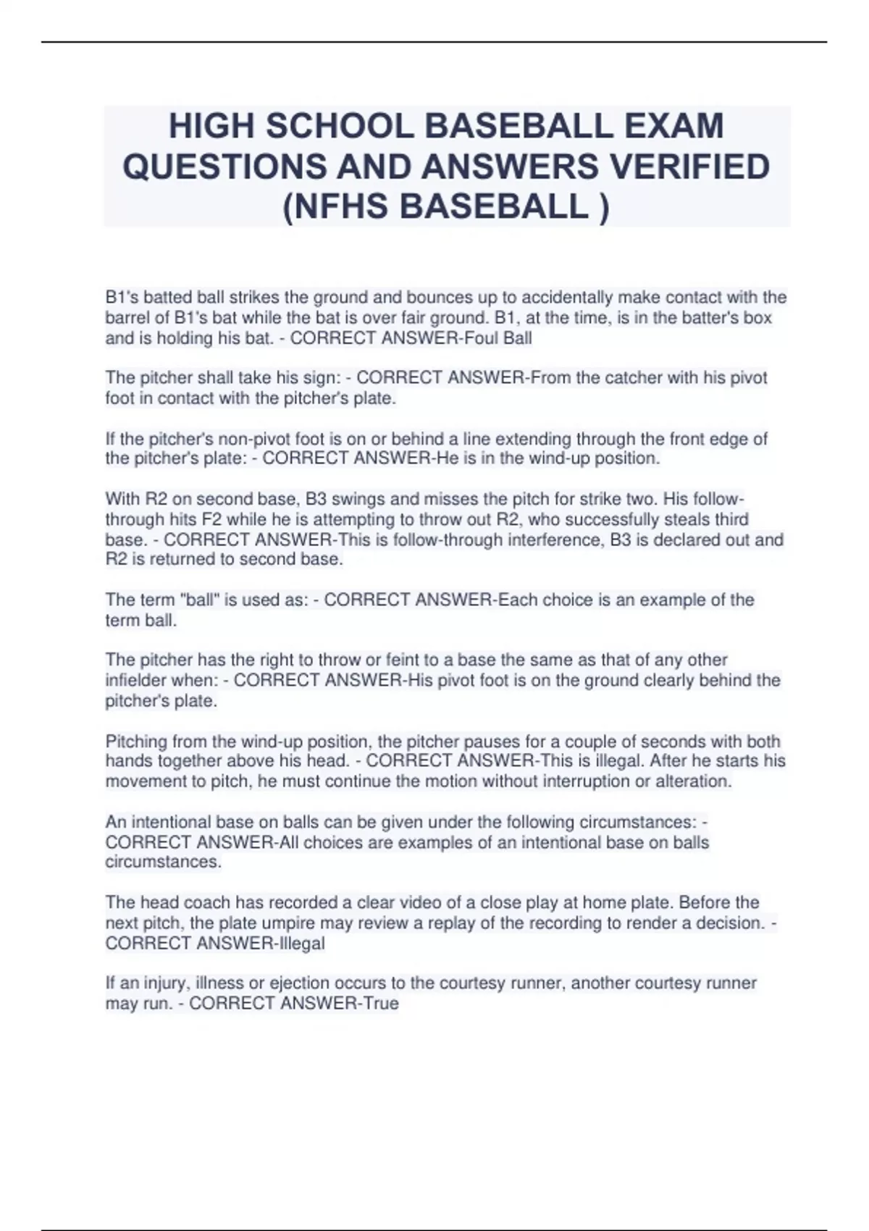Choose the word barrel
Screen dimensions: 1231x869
(130, 318)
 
